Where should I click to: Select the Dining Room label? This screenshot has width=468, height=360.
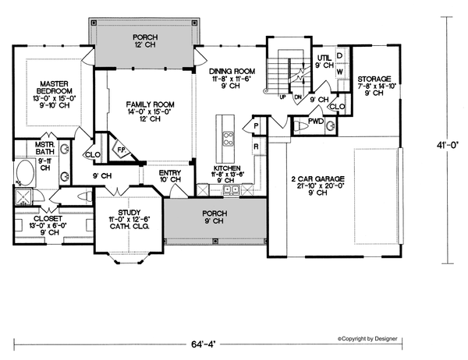point(232,70)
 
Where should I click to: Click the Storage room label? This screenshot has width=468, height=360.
point(374,79)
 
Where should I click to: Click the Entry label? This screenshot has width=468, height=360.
point(170,172)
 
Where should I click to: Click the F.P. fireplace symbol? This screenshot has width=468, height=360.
point(121,146)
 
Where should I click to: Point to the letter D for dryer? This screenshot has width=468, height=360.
point(341,56)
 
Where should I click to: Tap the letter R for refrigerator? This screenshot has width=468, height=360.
point(256,146)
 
